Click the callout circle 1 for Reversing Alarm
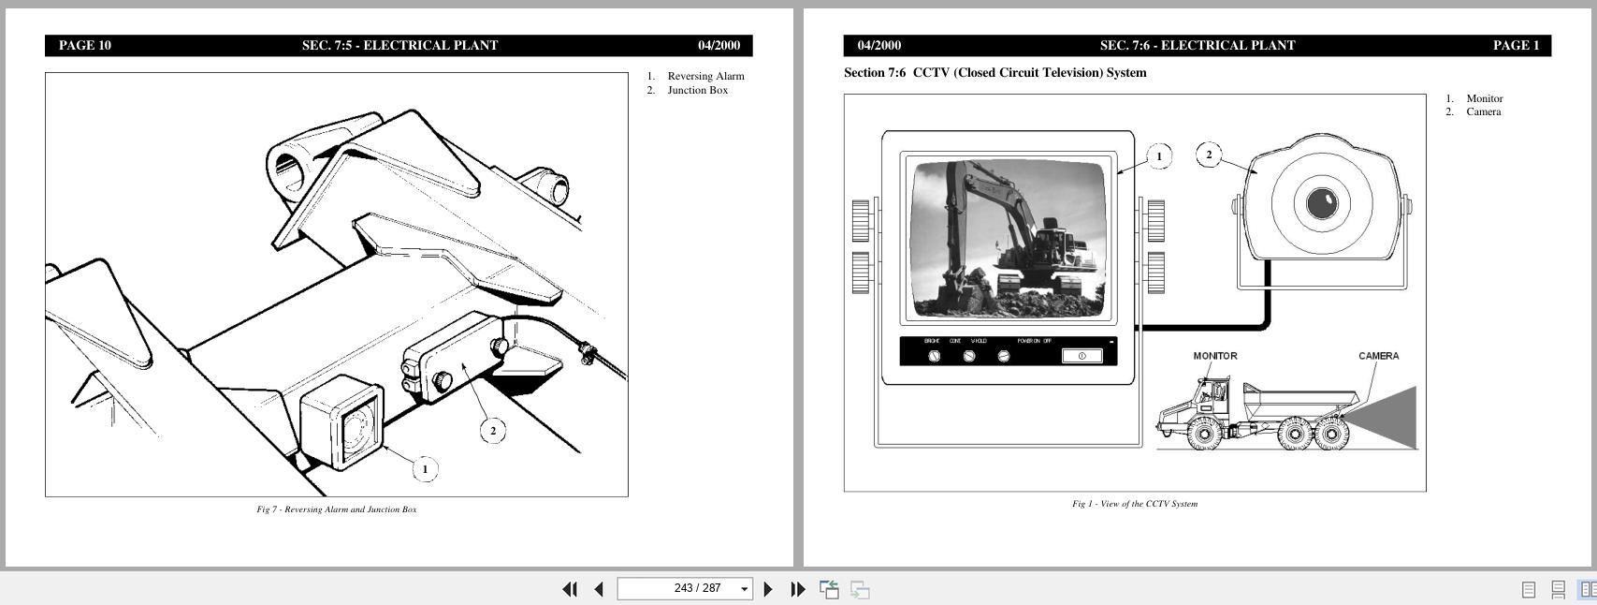pos(425,469)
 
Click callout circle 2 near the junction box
pos(493,431)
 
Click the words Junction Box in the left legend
pos(697,90)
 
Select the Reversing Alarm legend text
pos(705,76)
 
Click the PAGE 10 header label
pos(85,45)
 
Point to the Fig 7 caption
pos(337,509)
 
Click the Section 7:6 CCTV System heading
pos(994,72)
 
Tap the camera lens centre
pos(1322,202)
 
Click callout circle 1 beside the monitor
pos(1159,156)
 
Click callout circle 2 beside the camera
pos(1209,155)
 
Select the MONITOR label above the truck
pos(1215,356)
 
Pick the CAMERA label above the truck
pos(1378,356)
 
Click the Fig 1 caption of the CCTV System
pos(1135,504)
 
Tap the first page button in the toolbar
pos(569,589)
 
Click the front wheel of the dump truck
pos(1203,433)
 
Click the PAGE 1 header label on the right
pos(1516,45)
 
